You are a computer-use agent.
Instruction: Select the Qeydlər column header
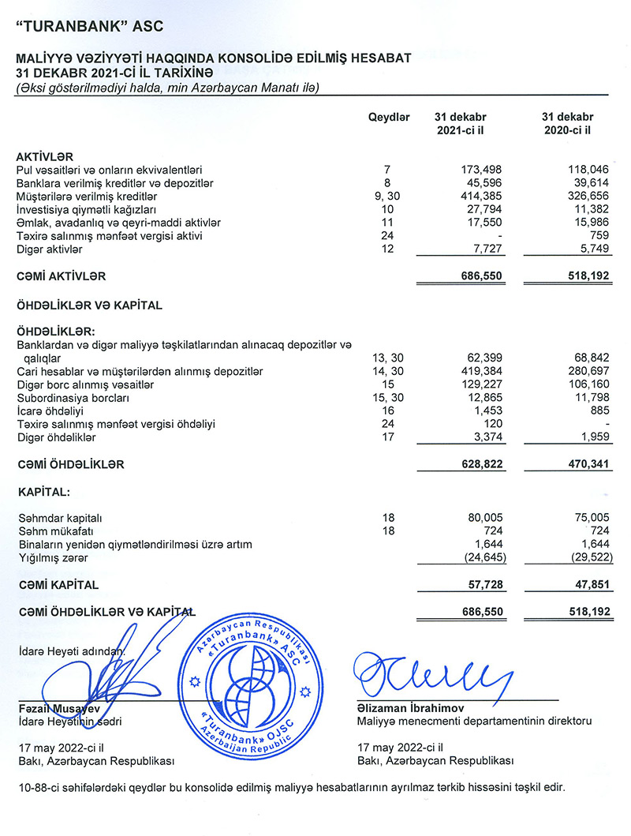389,117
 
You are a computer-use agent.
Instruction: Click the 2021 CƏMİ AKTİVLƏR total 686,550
480,277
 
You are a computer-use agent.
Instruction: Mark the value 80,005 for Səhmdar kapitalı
484,518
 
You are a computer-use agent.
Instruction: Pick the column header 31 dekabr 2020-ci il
568,123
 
